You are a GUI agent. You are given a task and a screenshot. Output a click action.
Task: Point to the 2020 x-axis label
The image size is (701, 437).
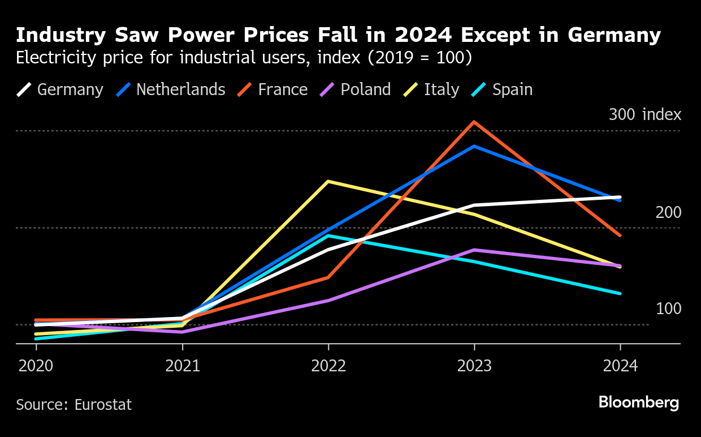click(x=36, y=366)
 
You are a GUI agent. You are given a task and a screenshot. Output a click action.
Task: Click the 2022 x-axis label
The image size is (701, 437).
click(x=328, y=366)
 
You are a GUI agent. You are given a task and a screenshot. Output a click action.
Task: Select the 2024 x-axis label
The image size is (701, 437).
click(x=620, y=366)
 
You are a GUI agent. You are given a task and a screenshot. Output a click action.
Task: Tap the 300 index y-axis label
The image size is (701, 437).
click(x=644, y=115)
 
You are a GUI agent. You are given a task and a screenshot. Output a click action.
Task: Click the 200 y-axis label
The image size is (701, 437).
click(x=668, y=213)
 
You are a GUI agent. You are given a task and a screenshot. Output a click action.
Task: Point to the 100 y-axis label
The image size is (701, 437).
click(x=668, y=309)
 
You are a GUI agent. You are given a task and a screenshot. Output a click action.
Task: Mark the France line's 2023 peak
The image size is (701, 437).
click(x=474, y=122)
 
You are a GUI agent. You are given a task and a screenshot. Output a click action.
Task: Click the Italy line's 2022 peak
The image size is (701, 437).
click(x=328, y=181)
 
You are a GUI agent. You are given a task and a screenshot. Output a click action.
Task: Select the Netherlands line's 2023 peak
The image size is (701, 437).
click(x=474, y=146)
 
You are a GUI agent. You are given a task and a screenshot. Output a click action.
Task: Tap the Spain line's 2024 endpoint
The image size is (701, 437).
click(x=620, y=293)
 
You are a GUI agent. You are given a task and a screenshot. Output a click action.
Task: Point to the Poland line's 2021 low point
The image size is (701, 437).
click(x=182, y=332)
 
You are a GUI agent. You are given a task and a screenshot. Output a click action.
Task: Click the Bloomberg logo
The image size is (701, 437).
click(x=639, y=403)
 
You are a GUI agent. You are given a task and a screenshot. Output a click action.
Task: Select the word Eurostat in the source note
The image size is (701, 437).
click(x=104, y=405)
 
